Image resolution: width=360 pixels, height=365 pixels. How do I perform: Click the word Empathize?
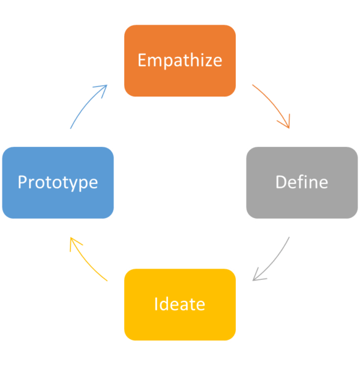click(x=180, y=61)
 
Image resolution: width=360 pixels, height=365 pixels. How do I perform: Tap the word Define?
click(x=302, y=182)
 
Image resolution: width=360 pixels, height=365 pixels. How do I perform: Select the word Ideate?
click(x=179, y=303)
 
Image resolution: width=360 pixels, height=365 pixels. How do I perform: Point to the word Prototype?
click(x=58, y=183)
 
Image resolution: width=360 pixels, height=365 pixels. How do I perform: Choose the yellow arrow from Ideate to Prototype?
click(x=86, y=262)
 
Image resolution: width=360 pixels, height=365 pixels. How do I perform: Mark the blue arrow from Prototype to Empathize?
click(x=86, y=104)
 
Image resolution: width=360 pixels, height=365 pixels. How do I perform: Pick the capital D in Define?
click(x=281, y=182)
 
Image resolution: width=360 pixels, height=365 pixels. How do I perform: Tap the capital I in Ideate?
click(x=156, y=304)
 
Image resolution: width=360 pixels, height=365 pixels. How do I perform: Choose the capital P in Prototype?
click(x=22, y=182)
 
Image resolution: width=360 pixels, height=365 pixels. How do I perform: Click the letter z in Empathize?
click(x=208, y=62)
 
